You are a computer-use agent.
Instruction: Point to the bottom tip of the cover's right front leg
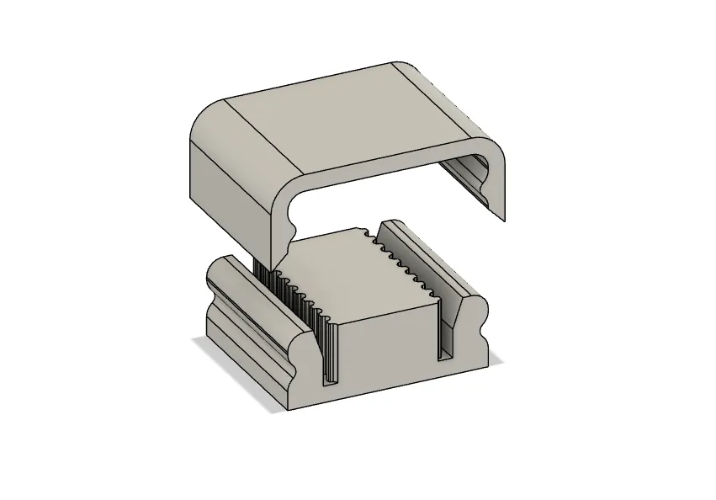point(504,220)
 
